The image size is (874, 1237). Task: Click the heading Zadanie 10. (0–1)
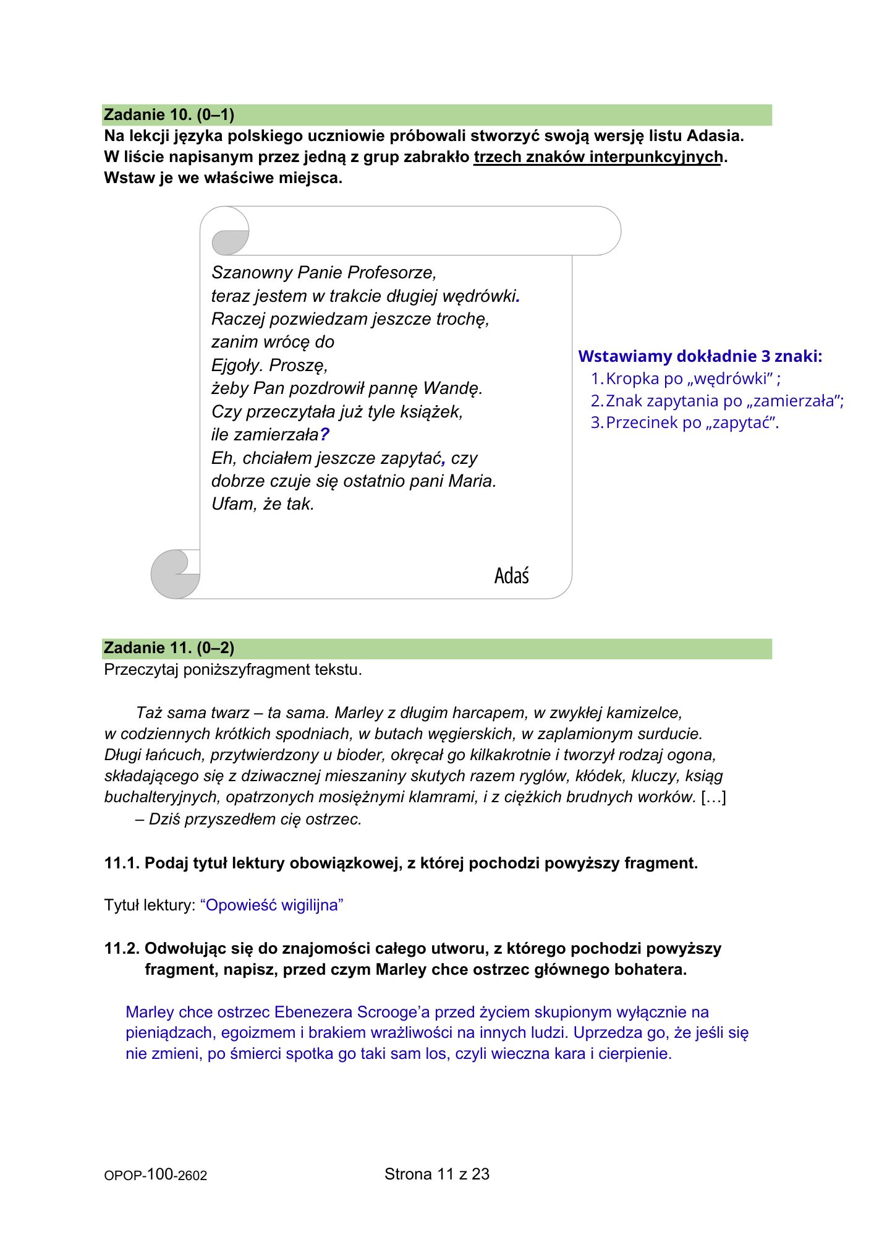(x=169, y=114)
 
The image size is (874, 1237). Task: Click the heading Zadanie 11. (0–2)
(x=169, y=648)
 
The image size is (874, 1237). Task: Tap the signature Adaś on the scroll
(x=511, y=576)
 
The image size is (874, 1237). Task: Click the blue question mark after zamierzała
(x=325, y=435)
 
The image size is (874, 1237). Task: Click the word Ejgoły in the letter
(x=237, y=365)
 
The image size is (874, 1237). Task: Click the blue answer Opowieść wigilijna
(x=272, y=905)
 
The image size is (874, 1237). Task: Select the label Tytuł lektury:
(x=150, y=905)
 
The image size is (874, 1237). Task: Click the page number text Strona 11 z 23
(x=436, y=1174)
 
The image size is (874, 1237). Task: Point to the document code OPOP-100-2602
(x=155, y=1175)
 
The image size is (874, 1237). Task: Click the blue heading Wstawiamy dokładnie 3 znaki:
(x=700, y=356)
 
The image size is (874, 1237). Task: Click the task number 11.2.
(x=121, y=948)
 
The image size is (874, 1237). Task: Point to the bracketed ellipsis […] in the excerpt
(x=713, y=797)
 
